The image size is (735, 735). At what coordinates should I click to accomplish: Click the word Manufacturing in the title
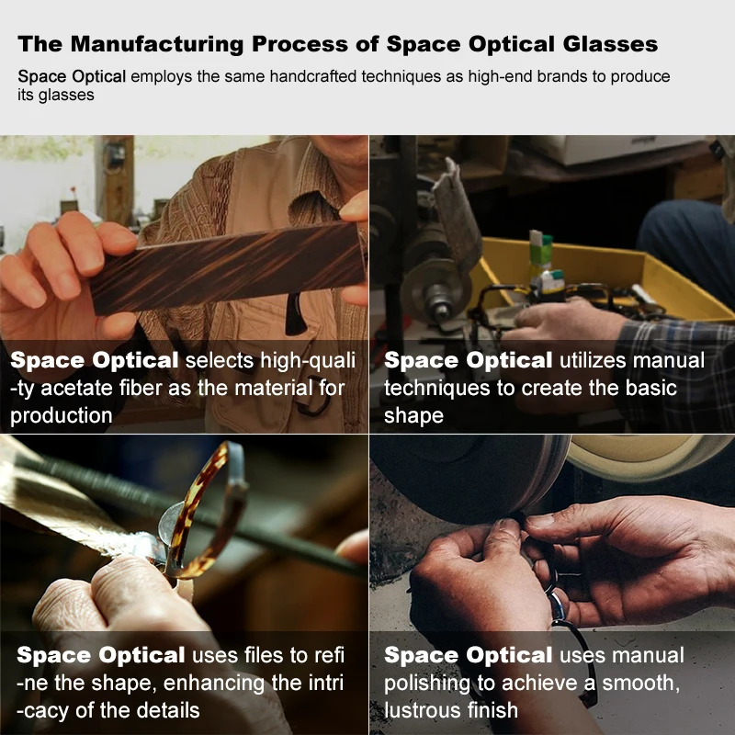coord(157,44)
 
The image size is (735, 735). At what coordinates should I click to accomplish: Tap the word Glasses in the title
coord(610,44)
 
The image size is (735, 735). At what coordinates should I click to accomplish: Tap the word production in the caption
coord(61,416)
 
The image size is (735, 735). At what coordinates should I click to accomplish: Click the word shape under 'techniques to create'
coord(413,416)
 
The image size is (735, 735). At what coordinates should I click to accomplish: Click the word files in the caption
coord(264,655)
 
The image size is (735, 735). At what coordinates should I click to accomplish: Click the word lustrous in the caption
coord(424,710)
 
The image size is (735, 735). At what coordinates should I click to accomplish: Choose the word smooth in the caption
coord(640,684)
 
